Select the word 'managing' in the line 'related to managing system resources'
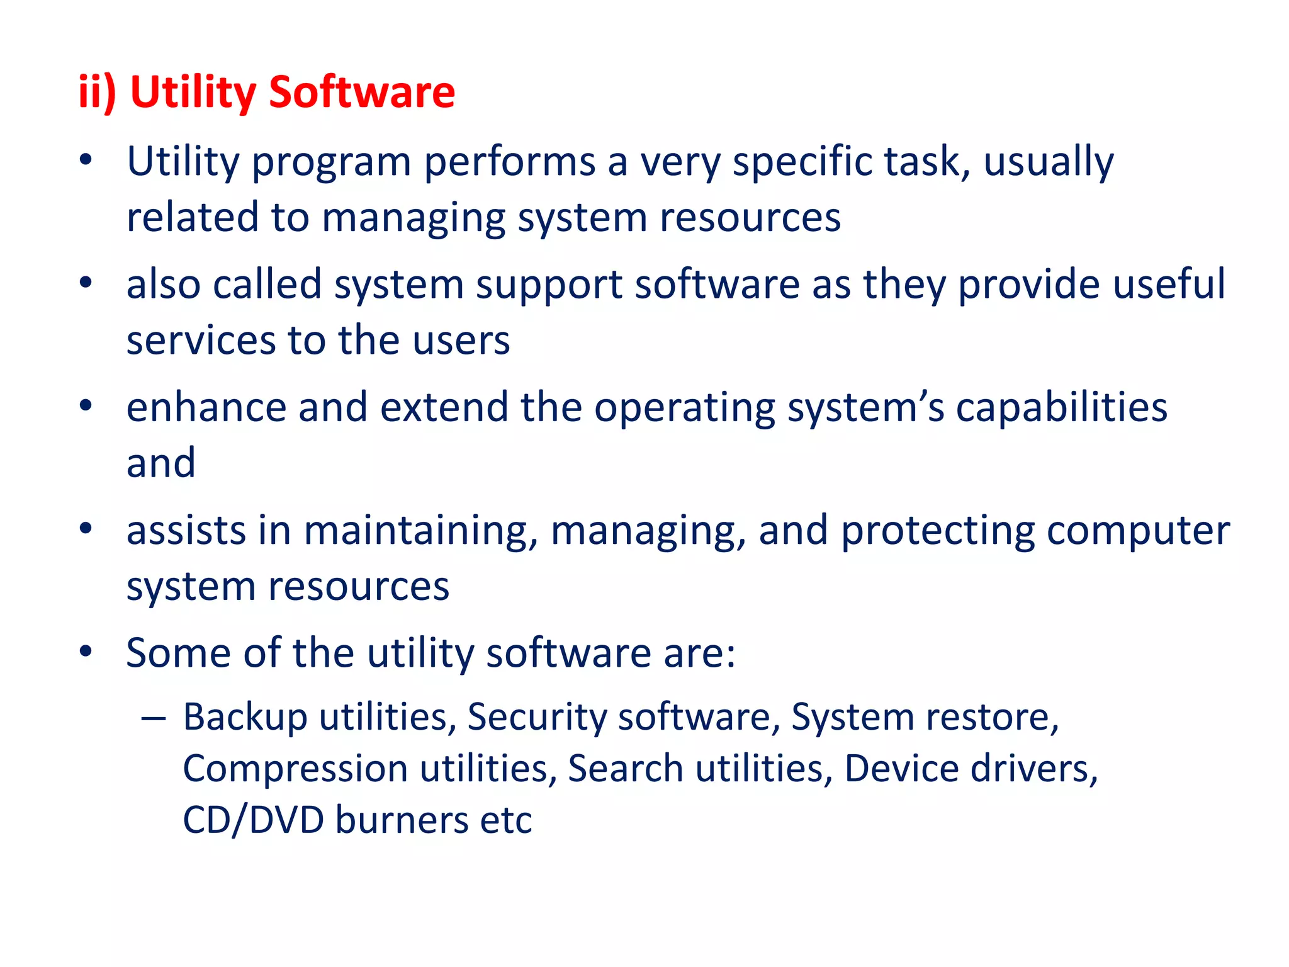click(413, 218)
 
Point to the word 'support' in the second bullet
click(548, 285)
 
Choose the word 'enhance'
click(206, 407)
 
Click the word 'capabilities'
click(1062, 407)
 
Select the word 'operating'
click(685, 409)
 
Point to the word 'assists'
click(186, 530)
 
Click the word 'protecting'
click(938, 531)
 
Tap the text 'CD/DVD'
click(253, 820)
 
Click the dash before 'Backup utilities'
click(154, 718)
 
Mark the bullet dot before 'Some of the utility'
click(86, 651)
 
